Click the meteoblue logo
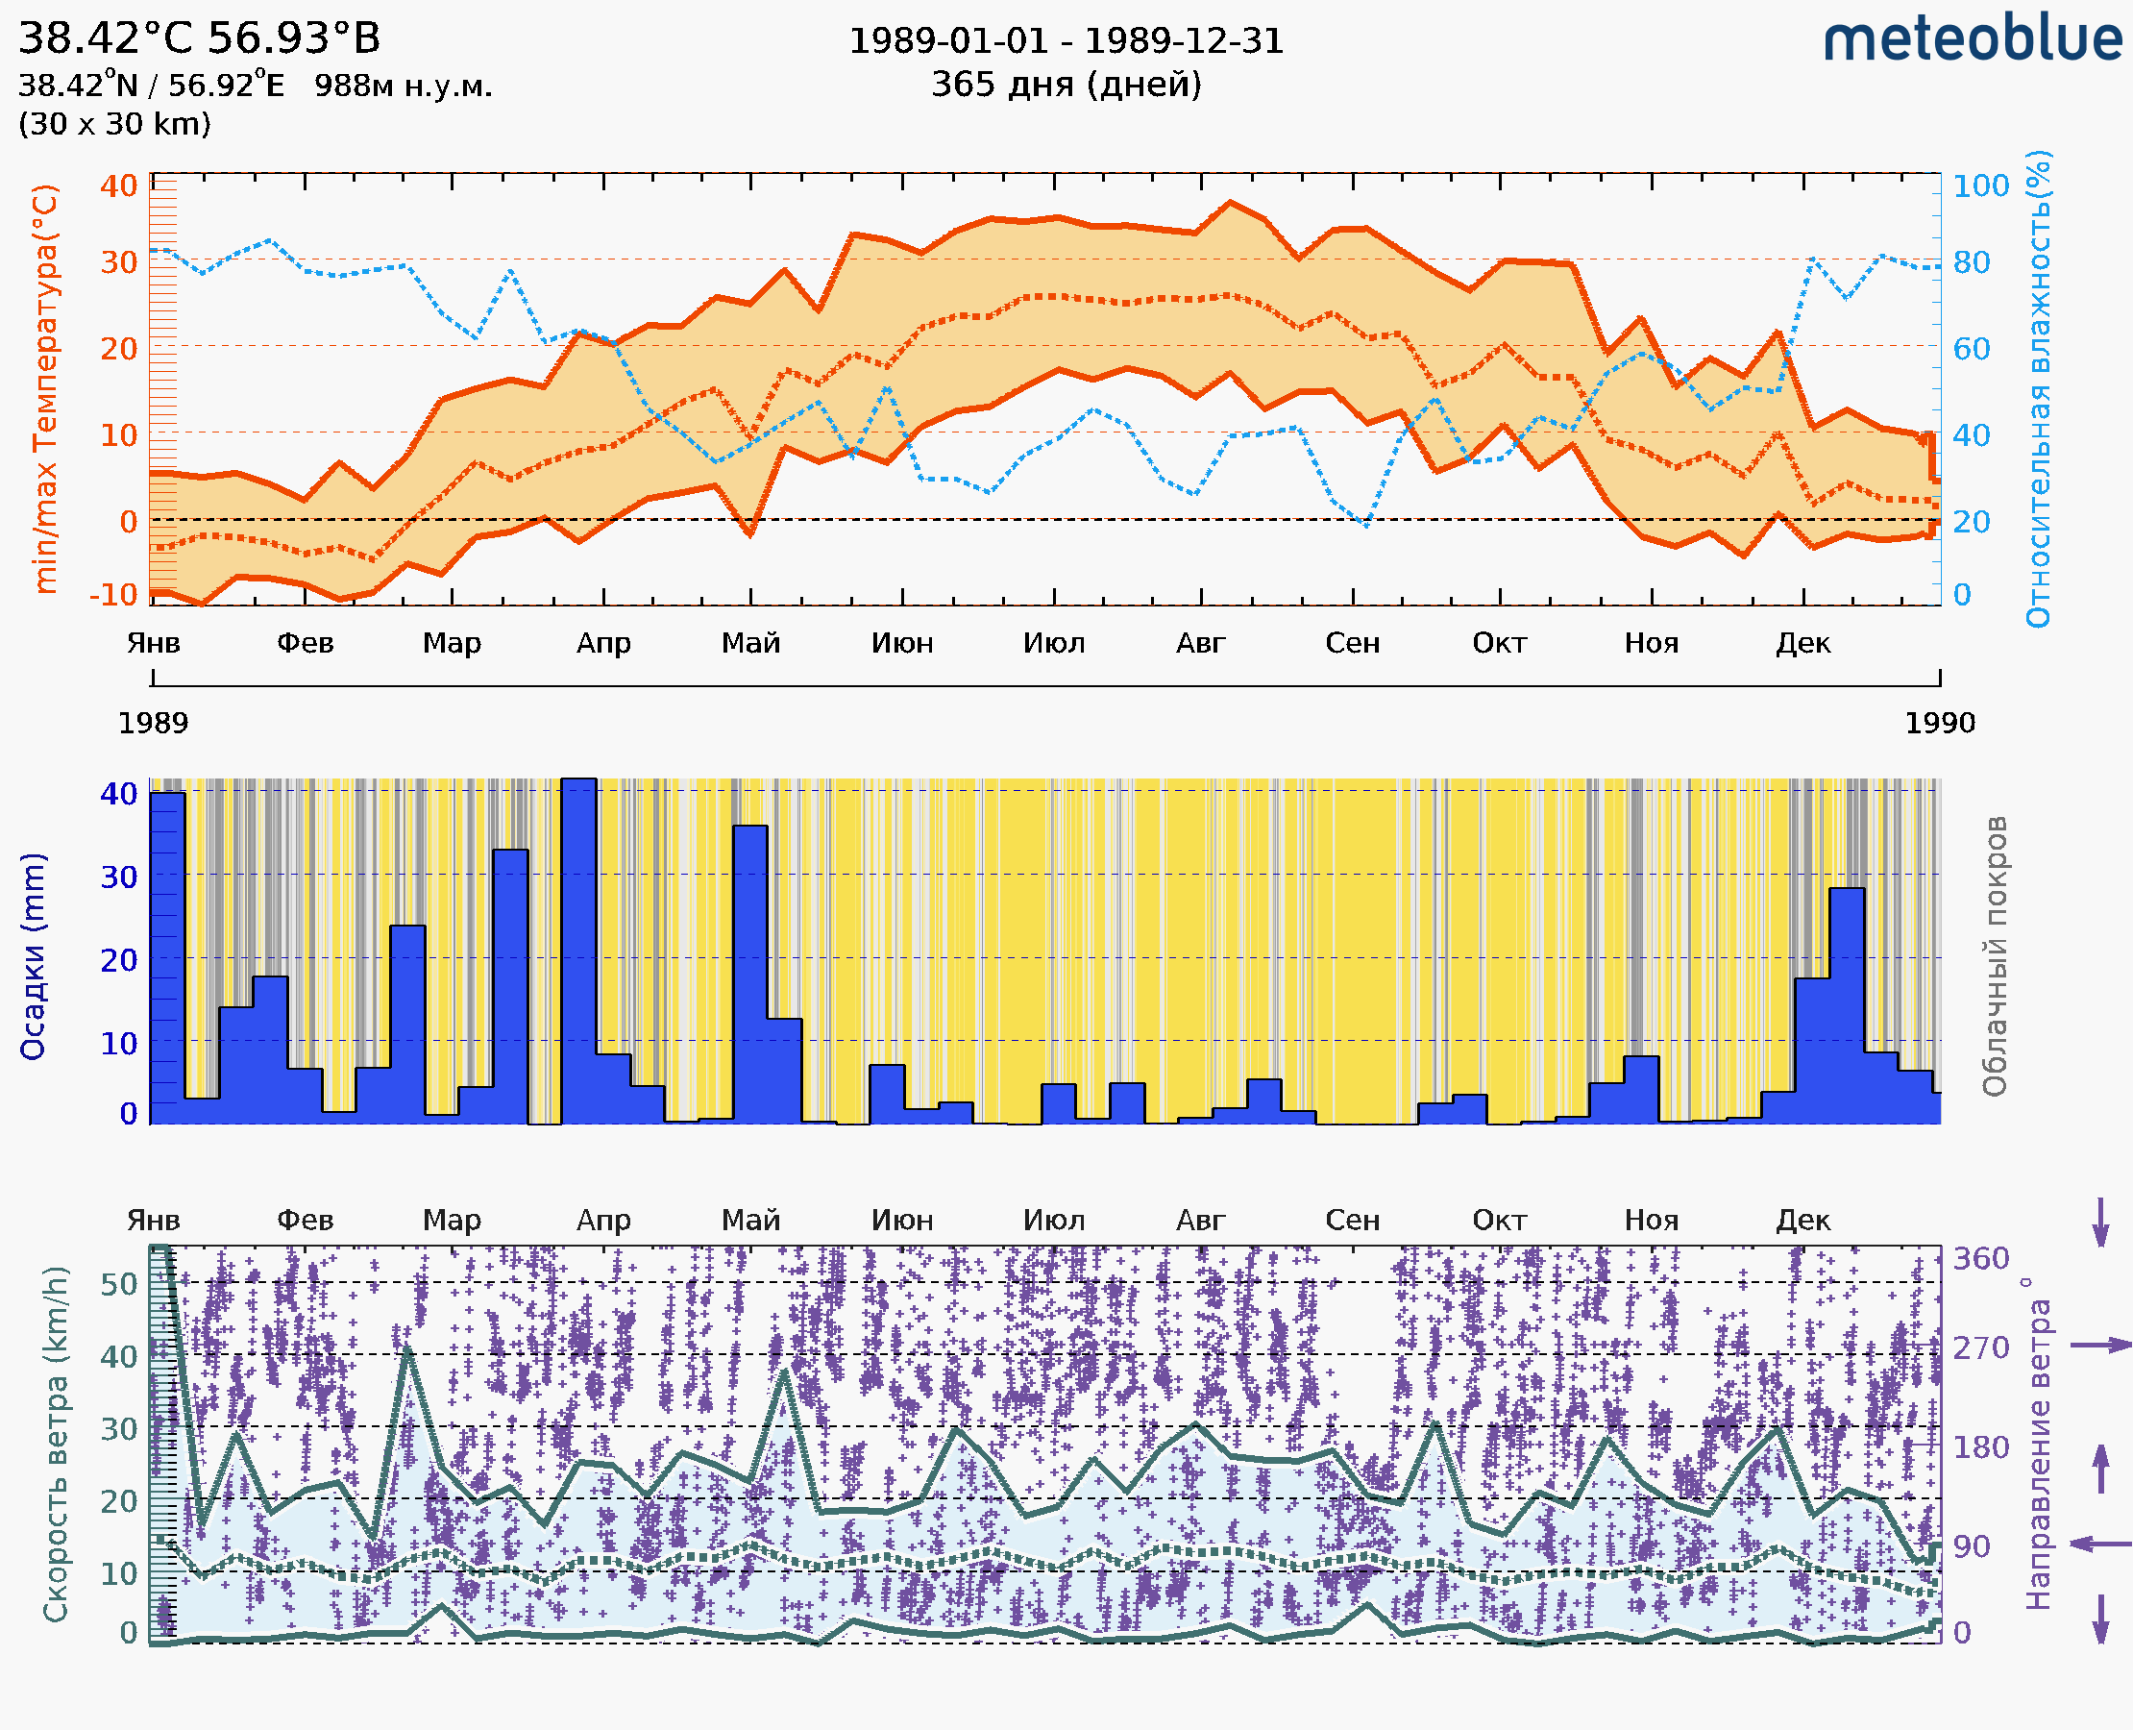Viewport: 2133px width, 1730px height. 1972,39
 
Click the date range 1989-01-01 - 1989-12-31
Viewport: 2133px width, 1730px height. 1066,41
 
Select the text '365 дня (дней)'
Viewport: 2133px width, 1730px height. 1066,84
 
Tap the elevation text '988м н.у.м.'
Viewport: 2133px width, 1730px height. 403,86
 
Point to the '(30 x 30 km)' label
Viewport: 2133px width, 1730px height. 114,124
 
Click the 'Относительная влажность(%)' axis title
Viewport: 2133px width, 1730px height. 2038,388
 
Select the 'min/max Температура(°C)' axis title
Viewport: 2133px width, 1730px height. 45,388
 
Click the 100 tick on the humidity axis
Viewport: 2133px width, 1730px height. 1979,185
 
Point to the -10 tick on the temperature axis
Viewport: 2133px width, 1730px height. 113,595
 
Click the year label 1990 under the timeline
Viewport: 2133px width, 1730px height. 1939,723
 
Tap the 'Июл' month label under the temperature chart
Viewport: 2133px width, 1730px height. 1053,643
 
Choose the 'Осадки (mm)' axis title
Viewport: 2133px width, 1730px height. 33,956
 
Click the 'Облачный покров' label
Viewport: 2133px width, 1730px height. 1994,956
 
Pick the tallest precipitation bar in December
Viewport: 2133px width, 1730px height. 1846,1006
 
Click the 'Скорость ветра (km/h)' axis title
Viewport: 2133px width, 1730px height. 56,1444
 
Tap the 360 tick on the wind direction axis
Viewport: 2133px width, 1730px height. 1979,1259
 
